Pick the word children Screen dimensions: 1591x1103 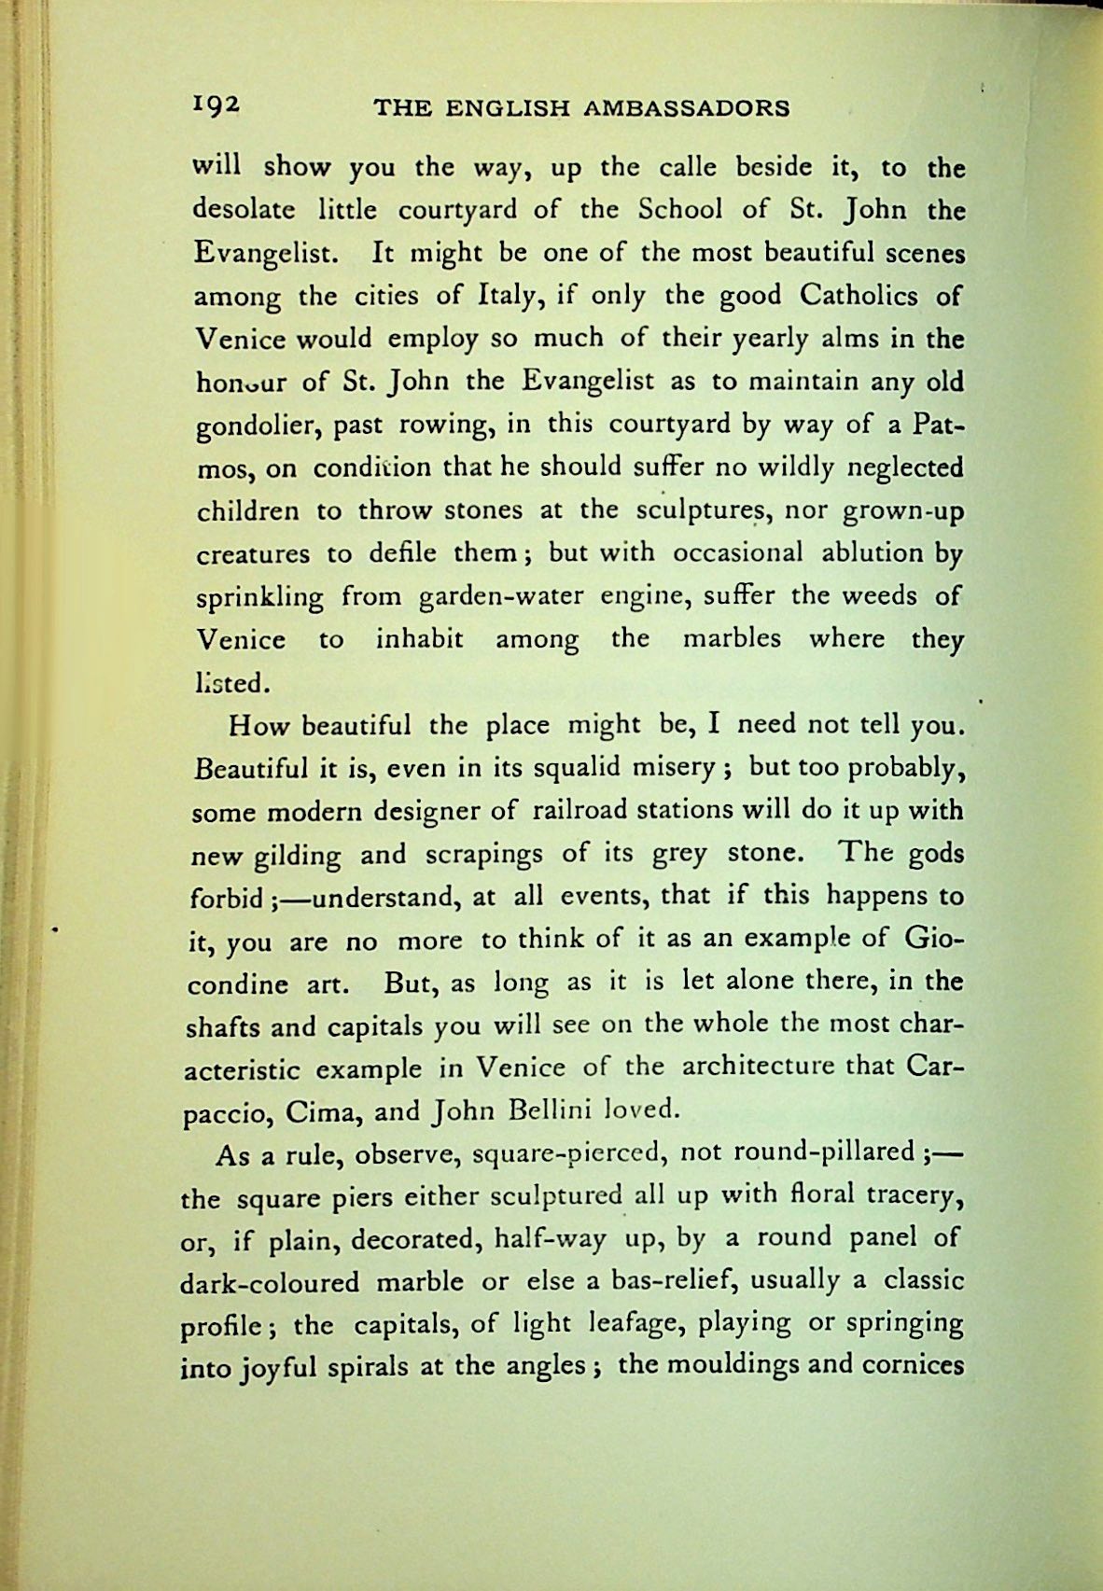(248, 511)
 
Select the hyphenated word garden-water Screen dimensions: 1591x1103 (480, 597)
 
